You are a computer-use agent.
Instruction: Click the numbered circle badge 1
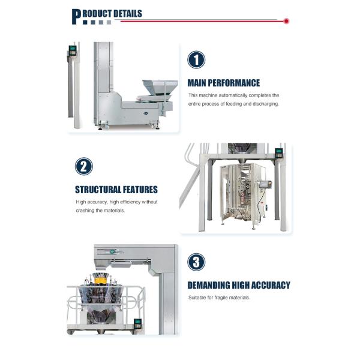coord(196,59)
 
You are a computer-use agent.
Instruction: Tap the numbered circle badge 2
coord(84,166)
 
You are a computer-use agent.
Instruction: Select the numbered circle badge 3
coord(196,262)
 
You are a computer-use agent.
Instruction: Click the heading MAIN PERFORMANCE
coord(223,83)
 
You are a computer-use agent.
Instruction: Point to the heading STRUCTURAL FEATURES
coord(116,190)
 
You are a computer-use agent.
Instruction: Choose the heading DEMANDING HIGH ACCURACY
coord(238,285)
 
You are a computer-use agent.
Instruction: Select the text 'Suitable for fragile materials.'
coord(218,298)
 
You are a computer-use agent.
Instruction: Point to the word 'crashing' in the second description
coord(86,210)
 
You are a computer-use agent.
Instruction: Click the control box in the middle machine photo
coord(278,152)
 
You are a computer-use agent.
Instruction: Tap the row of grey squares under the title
coord(97,23)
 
